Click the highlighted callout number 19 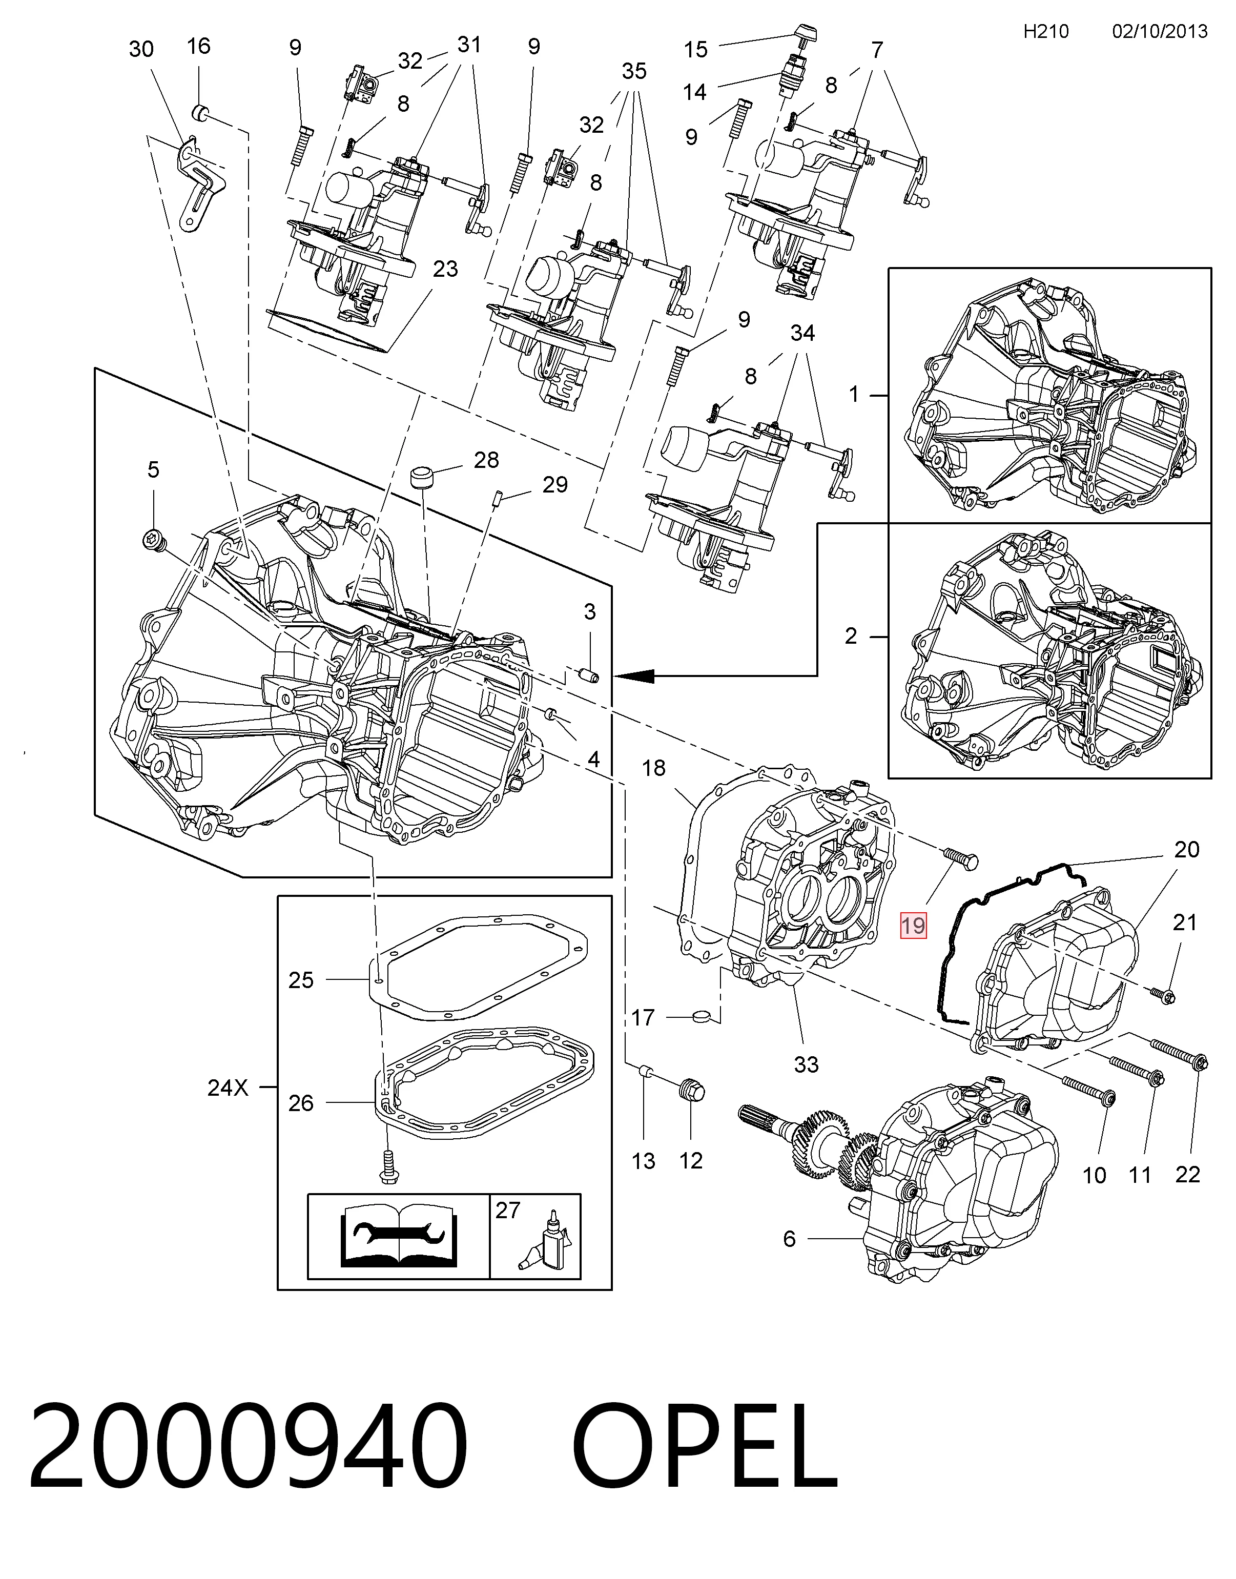(x=913, y=926)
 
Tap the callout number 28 (x=486, y=460)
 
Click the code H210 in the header (x=1046, y=31)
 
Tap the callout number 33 (x=806, y=1064)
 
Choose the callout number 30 (x=141, y=49)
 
